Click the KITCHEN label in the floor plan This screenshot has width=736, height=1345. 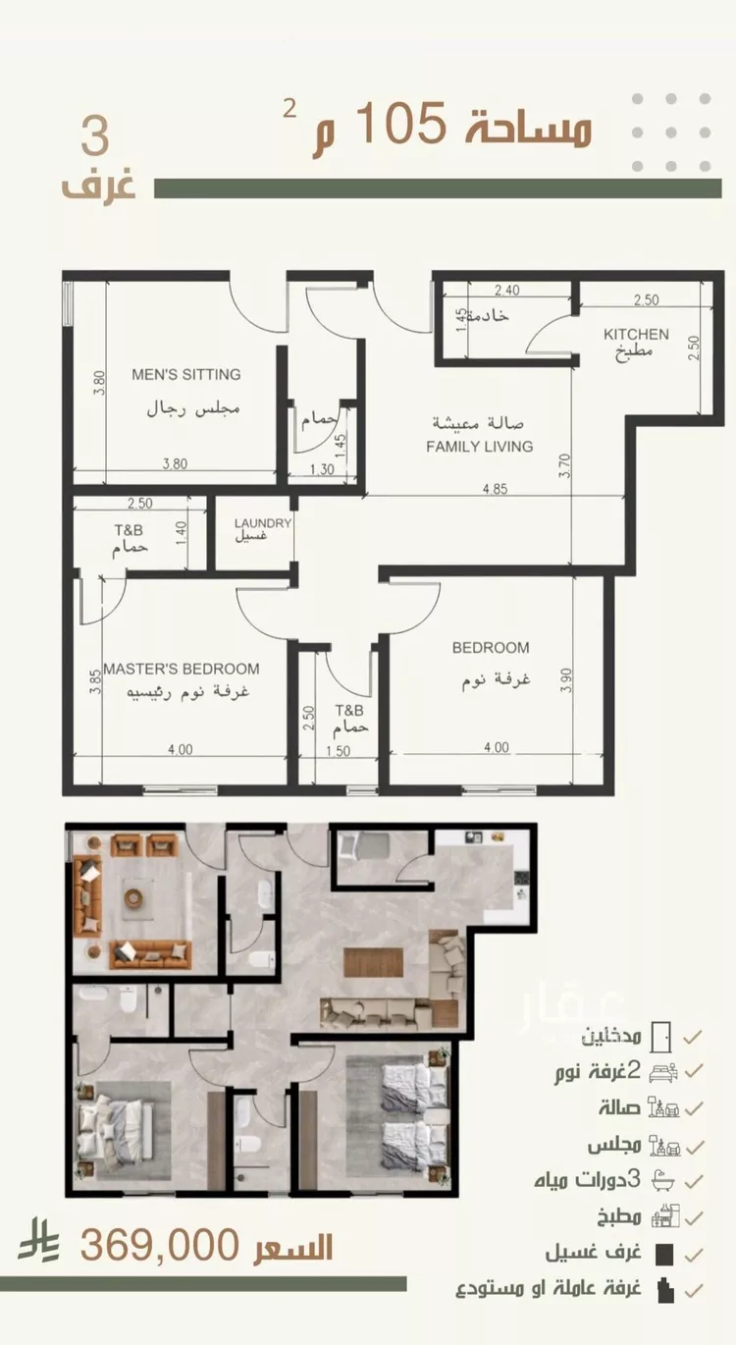point(636,334)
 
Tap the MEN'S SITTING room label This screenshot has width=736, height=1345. point(186,375)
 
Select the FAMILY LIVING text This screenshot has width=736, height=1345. point(480,446)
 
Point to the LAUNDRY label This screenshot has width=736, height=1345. point(263,523)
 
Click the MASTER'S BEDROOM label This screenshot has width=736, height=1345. point(182,669)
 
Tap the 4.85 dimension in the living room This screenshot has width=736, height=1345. point(496,489)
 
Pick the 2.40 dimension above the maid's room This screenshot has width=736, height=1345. point(507,290)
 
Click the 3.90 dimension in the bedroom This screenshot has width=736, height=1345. point(565,681)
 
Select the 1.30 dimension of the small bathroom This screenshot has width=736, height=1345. point(323,469)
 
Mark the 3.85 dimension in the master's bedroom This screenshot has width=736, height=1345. point(94,682)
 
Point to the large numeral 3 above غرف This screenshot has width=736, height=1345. point(96,137)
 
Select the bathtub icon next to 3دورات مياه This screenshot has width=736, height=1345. point(662,1180)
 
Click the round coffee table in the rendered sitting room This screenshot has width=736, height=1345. point(133,897)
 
